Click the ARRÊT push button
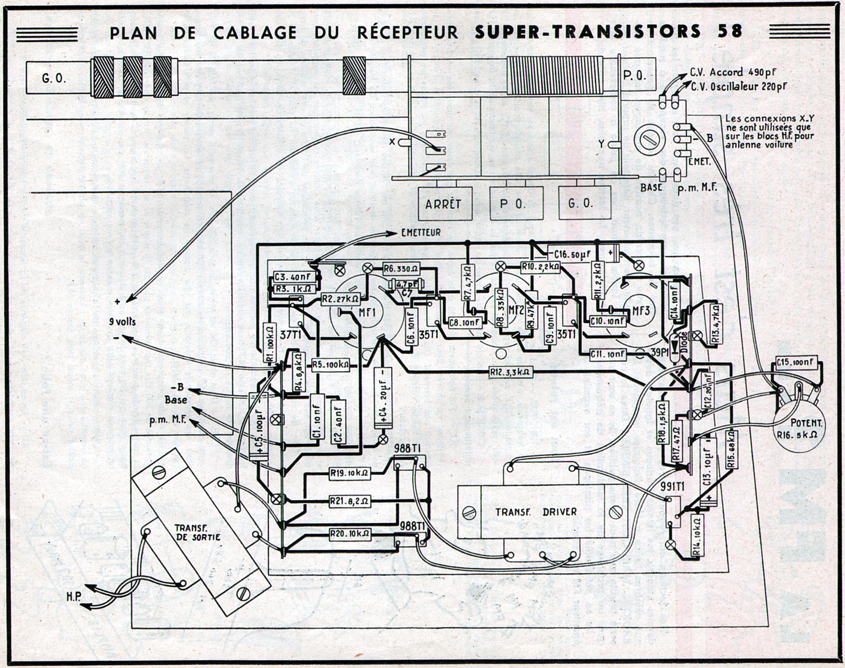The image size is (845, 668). [x=445, y=204]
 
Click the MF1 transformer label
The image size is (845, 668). [x=367, y=312]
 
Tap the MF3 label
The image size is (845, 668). [x=641, y=311]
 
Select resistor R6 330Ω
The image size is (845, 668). [x=401, y=268]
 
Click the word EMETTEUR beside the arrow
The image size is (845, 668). [x=421, y=233]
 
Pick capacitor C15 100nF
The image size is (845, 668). [x=796, y=363]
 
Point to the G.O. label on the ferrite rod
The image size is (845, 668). [x=54, y=79]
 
